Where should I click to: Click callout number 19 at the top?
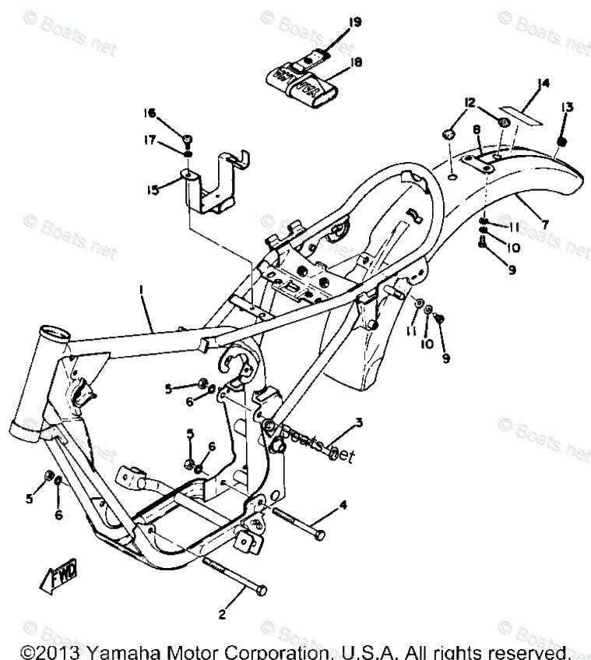click(x=354, y=22)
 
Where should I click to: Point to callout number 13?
click(x=566, y=107)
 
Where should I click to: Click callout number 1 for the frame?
click(x=142, y=290)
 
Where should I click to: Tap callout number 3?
click(x=359, y=423)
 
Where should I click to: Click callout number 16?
click(x=149, y=114)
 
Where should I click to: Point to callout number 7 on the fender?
click(x=544, y=224)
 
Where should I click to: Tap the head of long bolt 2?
click(x=261, y=590)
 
